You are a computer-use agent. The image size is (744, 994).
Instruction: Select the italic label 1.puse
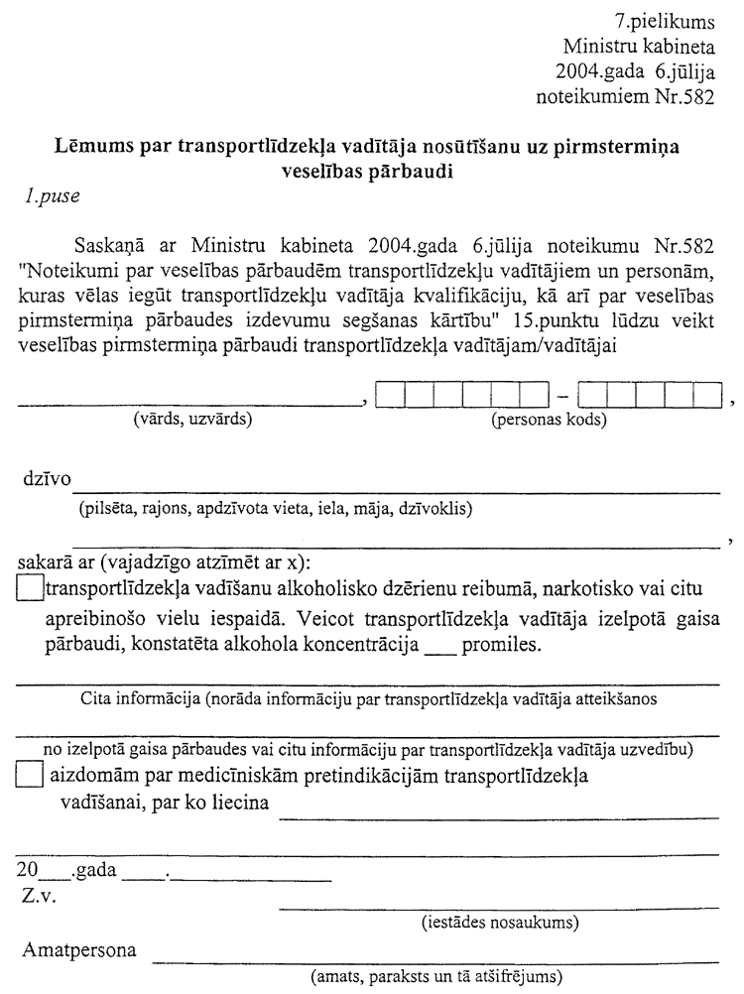pos(54,195)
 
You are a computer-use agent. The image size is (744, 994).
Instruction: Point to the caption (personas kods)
pos(550,419)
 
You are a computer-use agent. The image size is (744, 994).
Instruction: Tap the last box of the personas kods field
pos(706,397)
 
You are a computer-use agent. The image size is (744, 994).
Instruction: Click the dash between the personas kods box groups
pos(563,398)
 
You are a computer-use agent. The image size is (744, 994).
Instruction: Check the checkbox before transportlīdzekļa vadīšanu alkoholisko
pos(31,589)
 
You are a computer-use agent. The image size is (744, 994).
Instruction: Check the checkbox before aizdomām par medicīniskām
pos(31,776)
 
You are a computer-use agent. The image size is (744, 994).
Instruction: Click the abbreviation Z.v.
pos(40,898)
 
